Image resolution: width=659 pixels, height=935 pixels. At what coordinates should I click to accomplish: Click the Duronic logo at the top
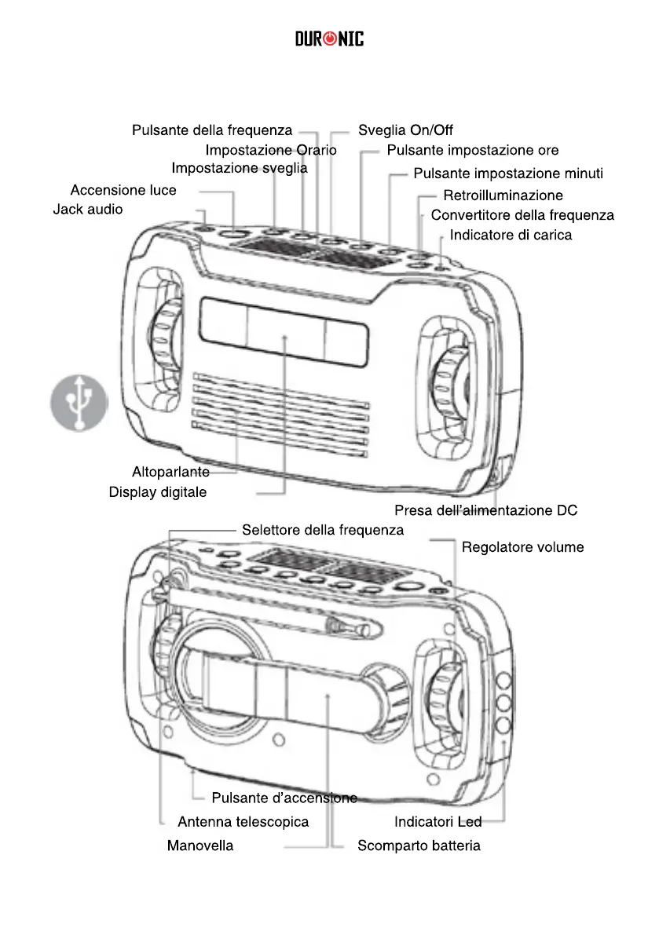click(x=330, y=38)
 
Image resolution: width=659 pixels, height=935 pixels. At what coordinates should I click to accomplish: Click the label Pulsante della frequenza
click(x=212, y=130)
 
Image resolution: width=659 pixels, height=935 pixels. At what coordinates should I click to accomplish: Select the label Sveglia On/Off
click(x=405, y=130)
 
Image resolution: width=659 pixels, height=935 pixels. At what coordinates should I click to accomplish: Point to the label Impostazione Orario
click(x=271, y=149)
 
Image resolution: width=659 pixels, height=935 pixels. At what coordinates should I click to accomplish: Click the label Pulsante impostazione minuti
click(x=508, y=173)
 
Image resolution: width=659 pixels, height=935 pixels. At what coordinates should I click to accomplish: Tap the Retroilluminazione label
click(x=503, y=195)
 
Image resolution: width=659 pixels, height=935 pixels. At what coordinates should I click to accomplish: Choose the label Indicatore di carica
click(x=511, y=235)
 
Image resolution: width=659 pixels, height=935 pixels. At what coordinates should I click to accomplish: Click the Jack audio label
click(x=88, y=210)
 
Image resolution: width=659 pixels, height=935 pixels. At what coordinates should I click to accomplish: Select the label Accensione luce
click(x=123, y=190)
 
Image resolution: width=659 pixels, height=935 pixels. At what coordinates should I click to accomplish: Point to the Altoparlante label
click(x=170, y=472)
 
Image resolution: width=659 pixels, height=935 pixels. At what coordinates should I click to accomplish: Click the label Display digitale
click(x=158, y=492)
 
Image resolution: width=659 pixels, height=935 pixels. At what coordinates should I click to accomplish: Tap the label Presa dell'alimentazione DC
click(x=485, y=510)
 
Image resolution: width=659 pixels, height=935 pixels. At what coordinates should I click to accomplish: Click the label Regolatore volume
click(x=522, y=546)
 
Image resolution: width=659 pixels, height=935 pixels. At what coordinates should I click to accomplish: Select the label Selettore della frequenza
click(x=323, y=530)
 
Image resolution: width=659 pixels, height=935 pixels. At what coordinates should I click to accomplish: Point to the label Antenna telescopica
click(x=243, y=822)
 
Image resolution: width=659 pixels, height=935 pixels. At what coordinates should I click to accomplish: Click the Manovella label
click(x=200, y=846)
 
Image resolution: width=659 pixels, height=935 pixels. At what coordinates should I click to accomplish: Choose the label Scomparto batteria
click(x=419, y=846)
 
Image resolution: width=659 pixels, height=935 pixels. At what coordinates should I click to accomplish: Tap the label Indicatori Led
click(x=438, y=822)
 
